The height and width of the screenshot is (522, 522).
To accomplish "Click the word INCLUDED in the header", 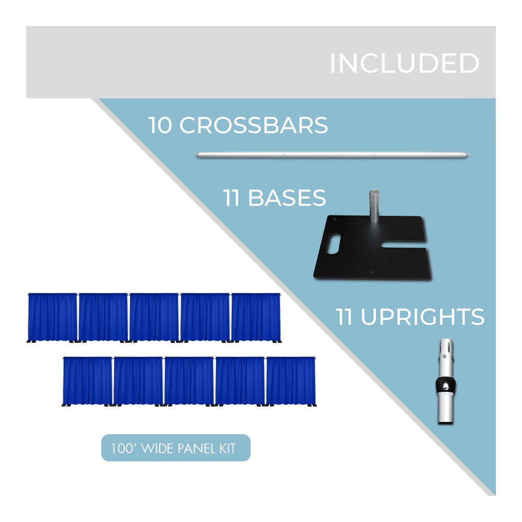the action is [x=405, y=63].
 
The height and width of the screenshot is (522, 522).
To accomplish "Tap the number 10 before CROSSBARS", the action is [x=160, y=125].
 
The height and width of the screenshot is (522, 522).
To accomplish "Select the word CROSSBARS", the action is [x=254, y=125].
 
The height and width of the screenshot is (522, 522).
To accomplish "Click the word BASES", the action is [x=287, y=198].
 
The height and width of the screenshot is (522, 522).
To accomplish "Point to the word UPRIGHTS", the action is [x=422, y=317].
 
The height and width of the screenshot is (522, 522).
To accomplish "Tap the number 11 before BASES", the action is [x=231, y=198].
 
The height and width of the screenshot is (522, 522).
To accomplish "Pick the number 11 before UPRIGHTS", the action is [x=344, y=317].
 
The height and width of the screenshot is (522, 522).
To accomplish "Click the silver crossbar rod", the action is [x=333, y=155].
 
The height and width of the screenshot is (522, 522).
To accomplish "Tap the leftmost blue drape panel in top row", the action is [x=53, y=317].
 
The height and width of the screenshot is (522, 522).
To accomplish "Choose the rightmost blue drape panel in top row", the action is [x=256, y=317].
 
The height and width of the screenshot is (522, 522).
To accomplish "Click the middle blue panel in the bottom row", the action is [x=189, y=381].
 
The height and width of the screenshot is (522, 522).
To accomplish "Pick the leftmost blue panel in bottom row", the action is [x=87, y=381].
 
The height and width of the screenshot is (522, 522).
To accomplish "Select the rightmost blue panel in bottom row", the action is [x=291, y=381].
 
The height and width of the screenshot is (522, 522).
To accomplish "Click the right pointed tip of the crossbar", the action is [x=469, y=156].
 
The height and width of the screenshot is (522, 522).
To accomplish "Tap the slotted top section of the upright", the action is [x=446, y=359].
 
